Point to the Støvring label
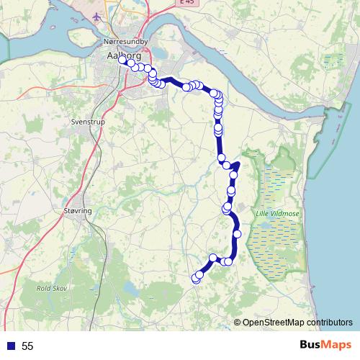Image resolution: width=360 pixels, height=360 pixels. (78, 211)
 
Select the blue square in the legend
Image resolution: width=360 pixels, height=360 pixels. (10, 346)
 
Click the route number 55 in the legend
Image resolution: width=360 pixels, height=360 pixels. (27, 346)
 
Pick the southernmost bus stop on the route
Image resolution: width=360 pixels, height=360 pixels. (194, 279)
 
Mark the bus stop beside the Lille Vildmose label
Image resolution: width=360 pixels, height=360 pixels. (236, 233)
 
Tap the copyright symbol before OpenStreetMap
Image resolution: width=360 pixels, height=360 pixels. (238, 322)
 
